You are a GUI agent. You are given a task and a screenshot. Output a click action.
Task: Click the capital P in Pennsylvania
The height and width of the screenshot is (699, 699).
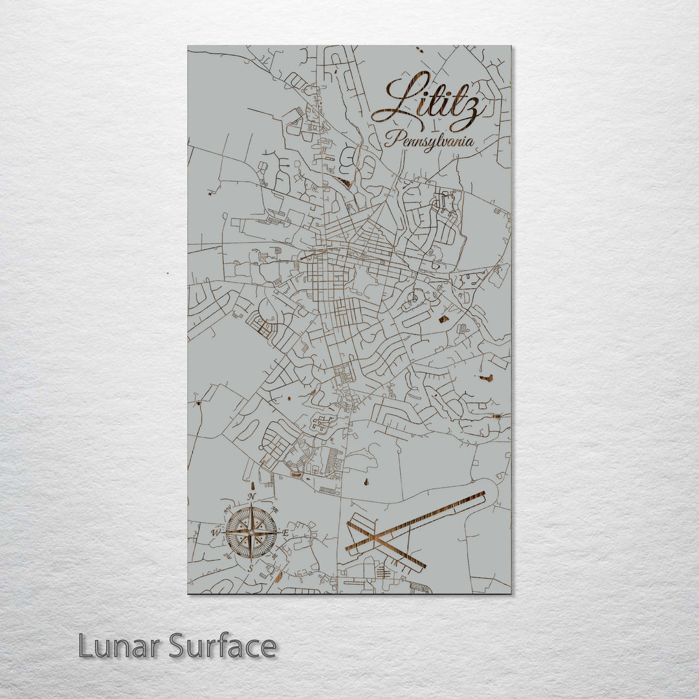tap(390, 138)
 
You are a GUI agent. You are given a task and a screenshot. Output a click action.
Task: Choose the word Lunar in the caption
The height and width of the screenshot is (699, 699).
tap(120, 646)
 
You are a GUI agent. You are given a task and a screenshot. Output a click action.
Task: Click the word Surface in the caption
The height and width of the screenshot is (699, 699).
tap(223, 646)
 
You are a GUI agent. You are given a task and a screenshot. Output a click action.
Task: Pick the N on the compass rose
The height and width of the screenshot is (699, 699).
tap(251, 497)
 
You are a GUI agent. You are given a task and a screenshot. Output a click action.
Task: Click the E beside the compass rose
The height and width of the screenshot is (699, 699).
tap(285, 532)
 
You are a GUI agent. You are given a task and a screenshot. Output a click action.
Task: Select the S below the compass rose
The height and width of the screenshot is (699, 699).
tap(251, 568)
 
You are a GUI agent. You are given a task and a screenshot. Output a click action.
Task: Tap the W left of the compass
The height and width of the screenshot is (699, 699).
tap(216, 533)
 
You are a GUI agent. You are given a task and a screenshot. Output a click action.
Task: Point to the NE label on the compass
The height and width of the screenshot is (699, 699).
tap(276, 509)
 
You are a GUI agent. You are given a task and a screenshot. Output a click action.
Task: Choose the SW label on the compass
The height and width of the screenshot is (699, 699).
tap(227, 557)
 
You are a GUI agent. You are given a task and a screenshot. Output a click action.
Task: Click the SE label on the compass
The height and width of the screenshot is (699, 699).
tap(276, 557)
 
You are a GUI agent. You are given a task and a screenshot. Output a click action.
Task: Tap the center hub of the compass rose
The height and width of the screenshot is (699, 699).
tap(251, 532)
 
